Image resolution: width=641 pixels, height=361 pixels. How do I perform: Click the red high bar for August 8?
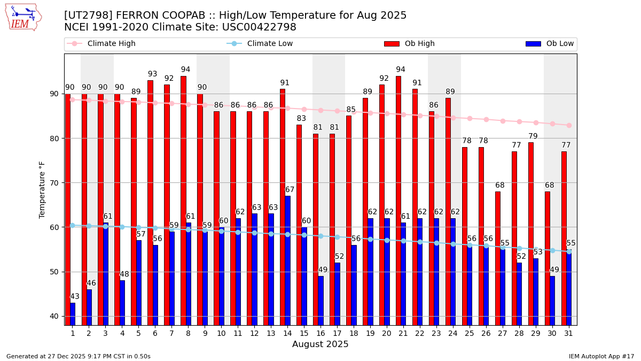pos(183,201)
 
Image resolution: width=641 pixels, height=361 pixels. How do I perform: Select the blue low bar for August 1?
pos(73,314)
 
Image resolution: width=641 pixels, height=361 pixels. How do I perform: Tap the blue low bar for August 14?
pos(287,260)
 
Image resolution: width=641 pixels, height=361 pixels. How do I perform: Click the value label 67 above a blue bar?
pos(290,190)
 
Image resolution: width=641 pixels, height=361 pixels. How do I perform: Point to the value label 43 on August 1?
pos(75,297)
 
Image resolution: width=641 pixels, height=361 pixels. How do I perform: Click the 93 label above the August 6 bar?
pos(153,74)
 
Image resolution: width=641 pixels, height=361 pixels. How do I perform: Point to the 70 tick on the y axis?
pos(55,183)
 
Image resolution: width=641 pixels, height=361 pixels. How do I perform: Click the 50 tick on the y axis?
pos(55,272)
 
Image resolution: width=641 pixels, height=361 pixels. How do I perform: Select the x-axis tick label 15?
pos(304,333)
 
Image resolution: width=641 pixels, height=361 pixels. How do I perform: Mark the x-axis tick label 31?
pos(568,333)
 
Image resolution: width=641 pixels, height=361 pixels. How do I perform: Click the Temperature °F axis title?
pos(43,189)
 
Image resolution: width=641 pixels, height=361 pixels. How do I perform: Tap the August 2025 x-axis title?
pos(320,344)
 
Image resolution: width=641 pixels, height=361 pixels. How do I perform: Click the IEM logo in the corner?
pos(23,18)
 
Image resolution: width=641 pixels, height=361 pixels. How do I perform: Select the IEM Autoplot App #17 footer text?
pos(601,356)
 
